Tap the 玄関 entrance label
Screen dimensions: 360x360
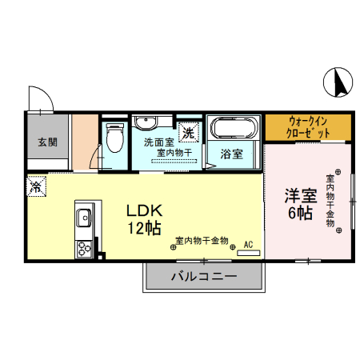pos(47,142)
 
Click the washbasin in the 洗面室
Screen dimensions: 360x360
pos(146,123)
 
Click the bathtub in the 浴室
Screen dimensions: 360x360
pos(233,127)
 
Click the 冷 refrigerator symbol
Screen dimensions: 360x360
pos(37,186)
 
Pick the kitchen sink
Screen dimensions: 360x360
pos(84,215)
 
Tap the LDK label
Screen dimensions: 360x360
pos(146,210)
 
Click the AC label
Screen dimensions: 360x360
pos(248,243)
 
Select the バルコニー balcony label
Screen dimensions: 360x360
pos(203,277)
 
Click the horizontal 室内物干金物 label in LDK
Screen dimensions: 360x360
pos(200,240)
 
